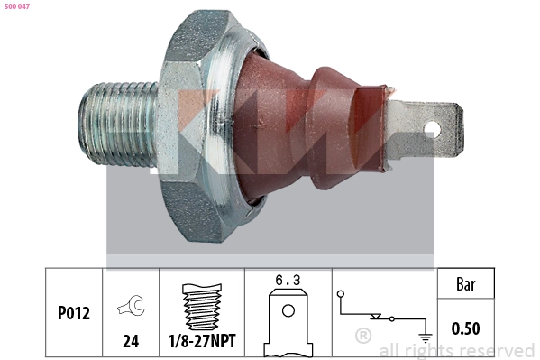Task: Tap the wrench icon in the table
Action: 131,309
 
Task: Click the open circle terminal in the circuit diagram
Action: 340,294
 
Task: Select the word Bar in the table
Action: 465,284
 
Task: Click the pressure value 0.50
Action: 465,329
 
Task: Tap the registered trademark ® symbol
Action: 362,337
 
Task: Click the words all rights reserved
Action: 456,350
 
